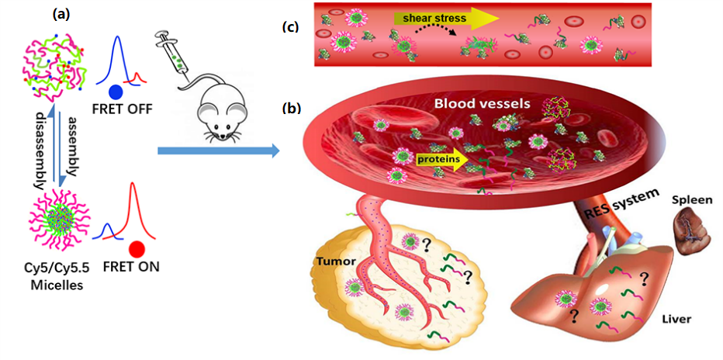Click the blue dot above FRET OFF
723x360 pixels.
(x=117, y=90)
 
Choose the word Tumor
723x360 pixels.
(x=334, y=261)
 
